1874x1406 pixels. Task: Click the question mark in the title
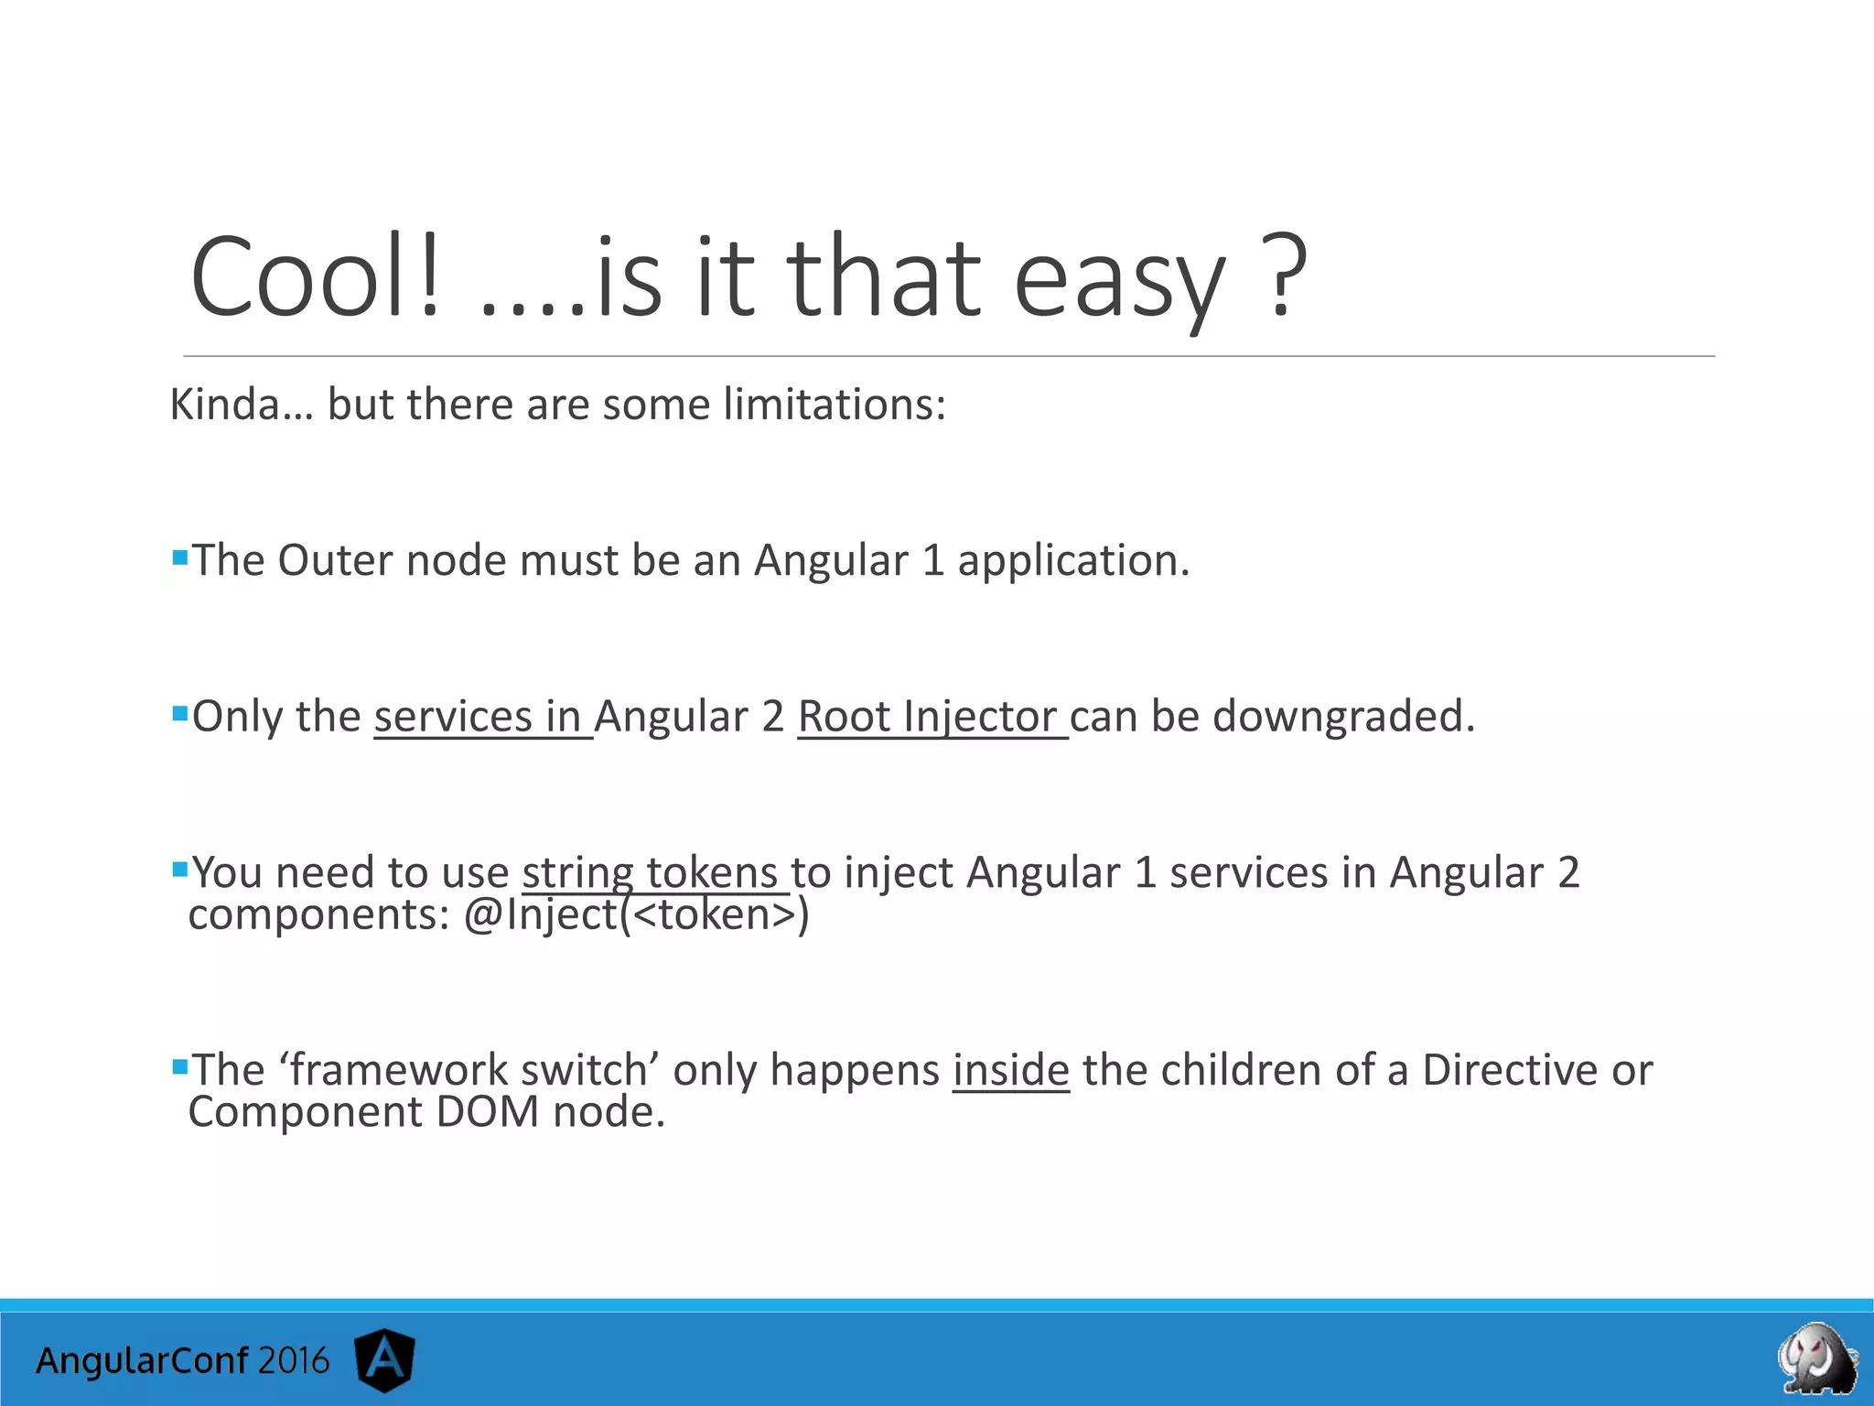click(x=1285, y=276)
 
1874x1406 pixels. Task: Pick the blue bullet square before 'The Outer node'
click(x=179, y=556)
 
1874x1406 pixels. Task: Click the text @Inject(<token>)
click(x=636, y=914)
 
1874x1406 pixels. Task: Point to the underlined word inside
click(x=1010, y=1069)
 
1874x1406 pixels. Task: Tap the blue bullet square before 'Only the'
click(x=179, y=711)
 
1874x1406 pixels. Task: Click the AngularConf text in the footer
click(x=141, y=1361)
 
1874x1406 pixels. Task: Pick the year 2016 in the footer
click(x=293, y=1361)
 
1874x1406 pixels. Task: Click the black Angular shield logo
click(x=385, y=1359)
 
